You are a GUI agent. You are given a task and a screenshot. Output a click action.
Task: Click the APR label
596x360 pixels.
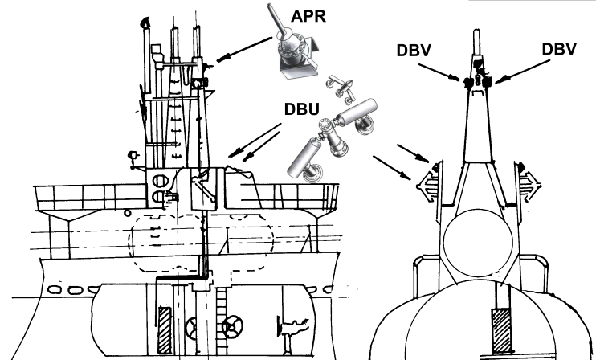(308, 16)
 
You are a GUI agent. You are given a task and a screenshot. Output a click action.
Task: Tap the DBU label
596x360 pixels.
(302, 109)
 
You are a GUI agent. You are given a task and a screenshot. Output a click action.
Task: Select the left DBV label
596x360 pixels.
(414, 51)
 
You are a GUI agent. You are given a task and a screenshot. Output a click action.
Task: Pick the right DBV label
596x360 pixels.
(559, 49)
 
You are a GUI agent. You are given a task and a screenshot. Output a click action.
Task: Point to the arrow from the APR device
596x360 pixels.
(244, 49)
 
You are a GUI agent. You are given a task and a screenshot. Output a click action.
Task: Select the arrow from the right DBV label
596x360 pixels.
(523, 72)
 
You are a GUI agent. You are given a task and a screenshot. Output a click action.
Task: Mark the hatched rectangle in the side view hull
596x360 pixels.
(165, 331)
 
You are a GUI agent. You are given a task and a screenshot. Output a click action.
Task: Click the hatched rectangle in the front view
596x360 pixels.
(501, 331)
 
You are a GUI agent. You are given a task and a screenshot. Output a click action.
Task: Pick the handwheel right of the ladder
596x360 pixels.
(232, 327)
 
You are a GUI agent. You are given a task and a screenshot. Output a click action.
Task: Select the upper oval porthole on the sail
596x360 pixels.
(160, 181)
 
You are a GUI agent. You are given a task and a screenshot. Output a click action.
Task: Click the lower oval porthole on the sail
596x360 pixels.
(158, 197)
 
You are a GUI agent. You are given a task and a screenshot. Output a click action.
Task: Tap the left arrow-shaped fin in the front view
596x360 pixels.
(426, 186)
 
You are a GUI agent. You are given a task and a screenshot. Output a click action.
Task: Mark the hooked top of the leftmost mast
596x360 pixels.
(145, 22)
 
